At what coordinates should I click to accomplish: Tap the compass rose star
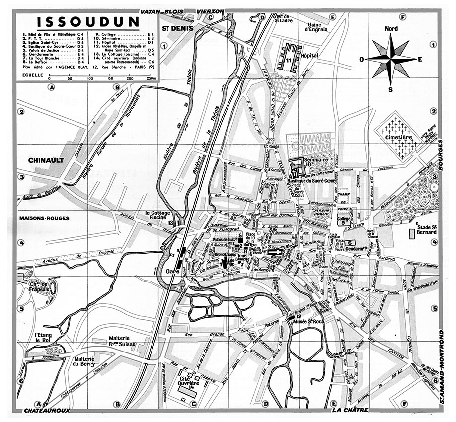[391, 59]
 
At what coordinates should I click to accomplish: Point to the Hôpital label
[309, 56]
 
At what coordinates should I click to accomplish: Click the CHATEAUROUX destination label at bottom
[46, 410]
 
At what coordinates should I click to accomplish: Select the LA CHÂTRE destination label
[350, 410]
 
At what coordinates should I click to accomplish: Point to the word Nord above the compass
[391, 29]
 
